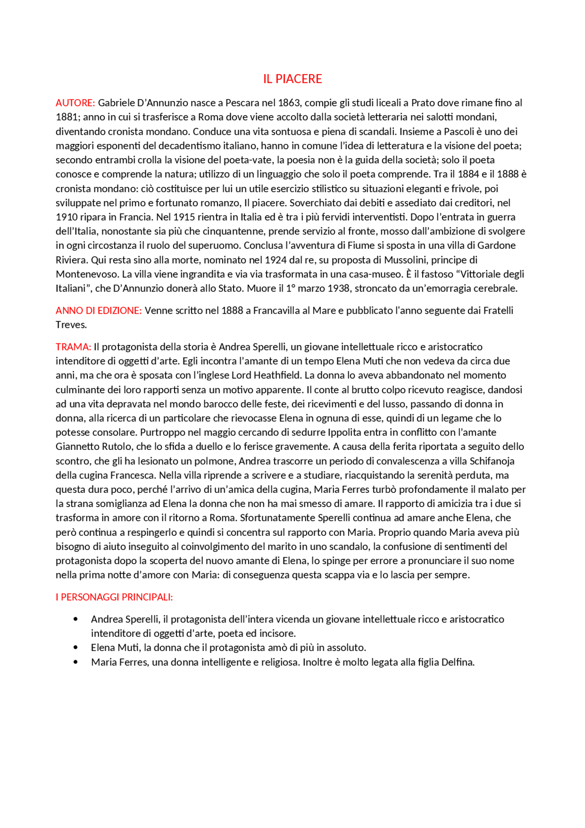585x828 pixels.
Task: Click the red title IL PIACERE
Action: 292,79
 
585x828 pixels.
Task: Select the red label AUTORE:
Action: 75,103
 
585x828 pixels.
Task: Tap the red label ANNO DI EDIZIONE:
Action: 99,310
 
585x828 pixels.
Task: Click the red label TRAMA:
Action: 73,347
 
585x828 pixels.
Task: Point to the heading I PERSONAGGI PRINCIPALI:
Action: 114,597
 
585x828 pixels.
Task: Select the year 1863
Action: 289,103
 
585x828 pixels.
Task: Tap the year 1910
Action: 67,217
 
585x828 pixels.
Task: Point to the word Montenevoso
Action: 86,274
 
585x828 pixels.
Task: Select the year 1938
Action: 339,288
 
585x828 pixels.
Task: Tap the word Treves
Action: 71,325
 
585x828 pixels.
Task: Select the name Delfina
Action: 457,662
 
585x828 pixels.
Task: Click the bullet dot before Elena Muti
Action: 75,647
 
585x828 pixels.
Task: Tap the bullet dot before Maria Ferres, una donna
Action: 75,662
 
